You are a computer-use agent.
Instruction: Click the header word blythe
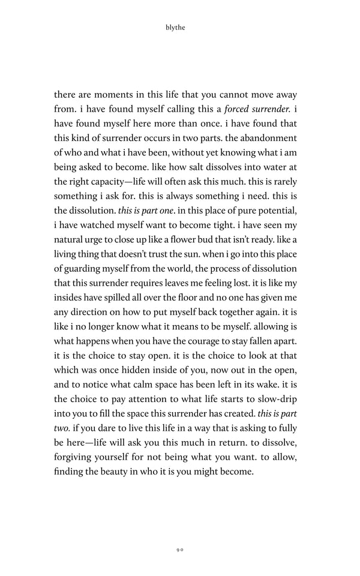[x=180, y=26]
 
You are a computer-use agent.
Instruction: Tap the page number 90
[x=180, y=548]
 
